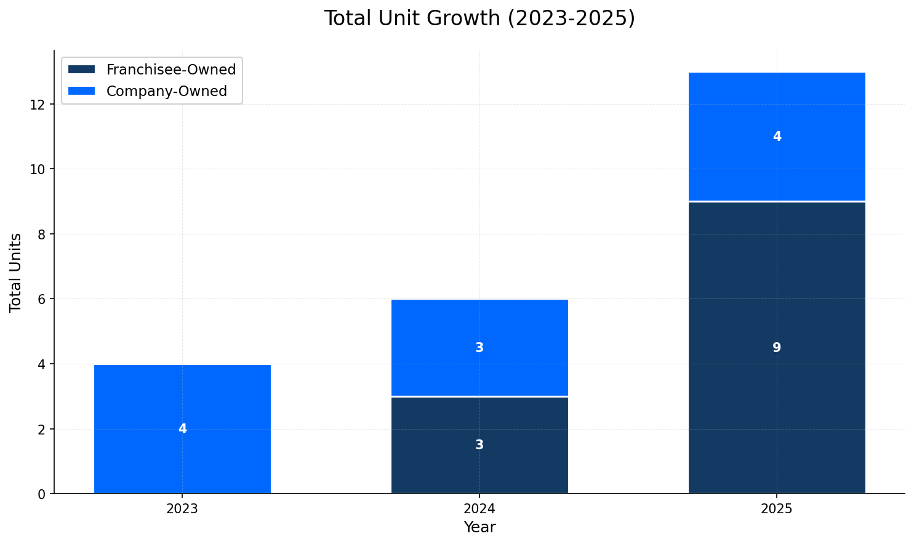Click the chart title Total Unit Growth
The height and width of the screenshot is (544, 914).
[479, 18]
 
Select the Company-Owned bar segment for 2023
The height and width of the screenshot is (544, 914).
[182, 400]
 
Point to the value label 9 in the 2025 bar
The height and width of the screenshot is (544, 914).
[777, 348]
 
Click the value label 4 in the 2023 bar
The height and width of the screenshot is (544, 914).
[182, 429]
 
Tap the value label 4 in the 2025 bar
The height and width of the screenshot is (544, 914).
[777, 137]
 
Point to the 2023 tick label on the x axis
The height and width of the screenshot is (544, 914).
[182, 509]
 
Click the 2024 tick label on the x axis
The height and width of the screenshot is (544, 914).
[479, 509]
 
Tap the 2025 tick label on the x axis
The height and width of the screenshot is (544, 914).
[777, 509]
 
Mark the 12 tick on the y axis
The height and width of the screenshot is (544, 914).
[38, 105]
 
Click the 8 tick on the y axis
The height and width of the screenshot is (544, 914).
[42, 234]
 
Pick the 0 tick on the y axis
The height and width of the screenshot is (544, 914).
[42, 494]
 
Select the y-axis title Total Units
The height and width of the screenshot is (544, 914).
[16, 273]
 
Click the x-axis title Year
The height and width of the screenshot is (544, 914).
[479, 527]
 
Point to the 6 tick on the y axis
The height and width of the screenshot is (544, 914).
[42, 299]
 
